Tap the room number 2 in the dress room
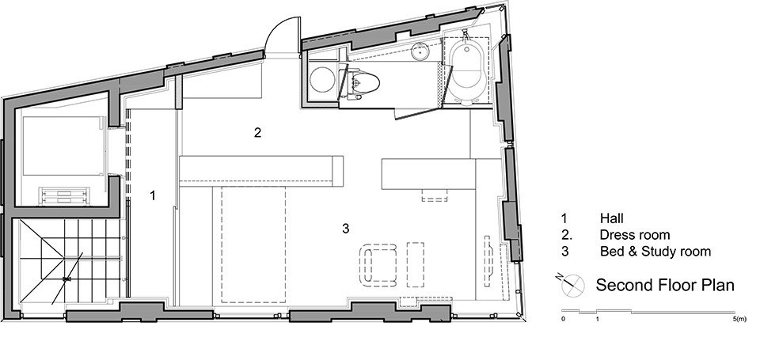point(257,132)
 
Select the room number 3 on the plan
point(345,229)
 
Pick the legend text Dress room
point(635,235)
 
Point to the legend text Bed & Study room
point(655,252)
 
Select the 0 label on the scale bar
point(563,319)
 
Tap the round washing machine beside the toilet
point(322,81)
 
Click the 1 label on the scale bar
point(598,319)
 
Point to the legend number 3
point(564,252)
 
